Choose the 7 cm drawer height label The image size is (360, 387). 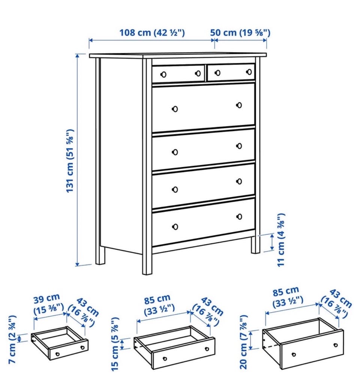click(12, 339)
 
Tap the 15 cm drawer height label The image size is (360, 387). click(115, 344)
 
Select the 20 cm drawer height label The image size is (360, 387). click(243, 342)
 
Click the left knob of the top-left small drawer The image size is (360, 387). click(163, 74)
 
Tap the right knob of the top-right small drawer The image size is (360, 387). click(249, 72)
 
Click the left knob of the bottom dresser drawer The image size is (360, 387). click(175, 226)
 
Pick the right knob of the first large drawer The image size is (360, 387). click(239, 105)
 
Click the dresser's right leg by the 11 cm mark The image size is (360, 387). click(256, 244)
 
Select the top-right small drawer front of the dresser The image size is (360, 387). click(231, 72)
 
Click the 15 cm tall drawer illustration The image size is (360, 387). click(174, 347)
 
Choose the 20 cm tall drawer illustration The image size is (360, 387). click(303, 343)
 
